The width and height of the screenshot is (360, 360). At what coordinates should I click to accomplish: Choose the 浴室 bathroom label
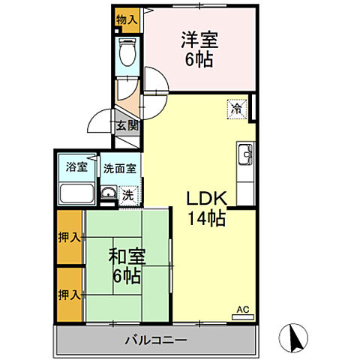76,166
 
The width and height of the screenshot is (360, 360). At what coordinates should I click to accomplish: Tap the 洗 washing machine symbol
128,194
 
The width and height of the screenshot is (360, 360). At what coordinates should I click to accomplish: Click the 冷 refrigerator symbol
235,109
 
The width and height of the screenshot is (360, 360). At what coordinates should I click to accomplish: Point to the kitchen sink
246,156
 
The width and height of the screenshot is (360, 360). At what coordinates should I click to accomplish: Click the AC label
241,309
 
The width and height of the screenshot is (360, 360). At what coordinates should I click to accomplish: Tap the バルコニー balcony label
156,340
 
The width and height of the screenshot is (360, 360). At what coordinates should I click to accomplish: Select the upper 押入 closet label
69,238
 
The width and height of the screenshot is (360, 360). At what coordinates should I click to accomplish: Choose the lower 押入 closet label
69,293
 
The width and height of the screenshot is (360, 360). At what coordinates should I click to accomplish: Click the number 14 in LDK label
198,219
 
